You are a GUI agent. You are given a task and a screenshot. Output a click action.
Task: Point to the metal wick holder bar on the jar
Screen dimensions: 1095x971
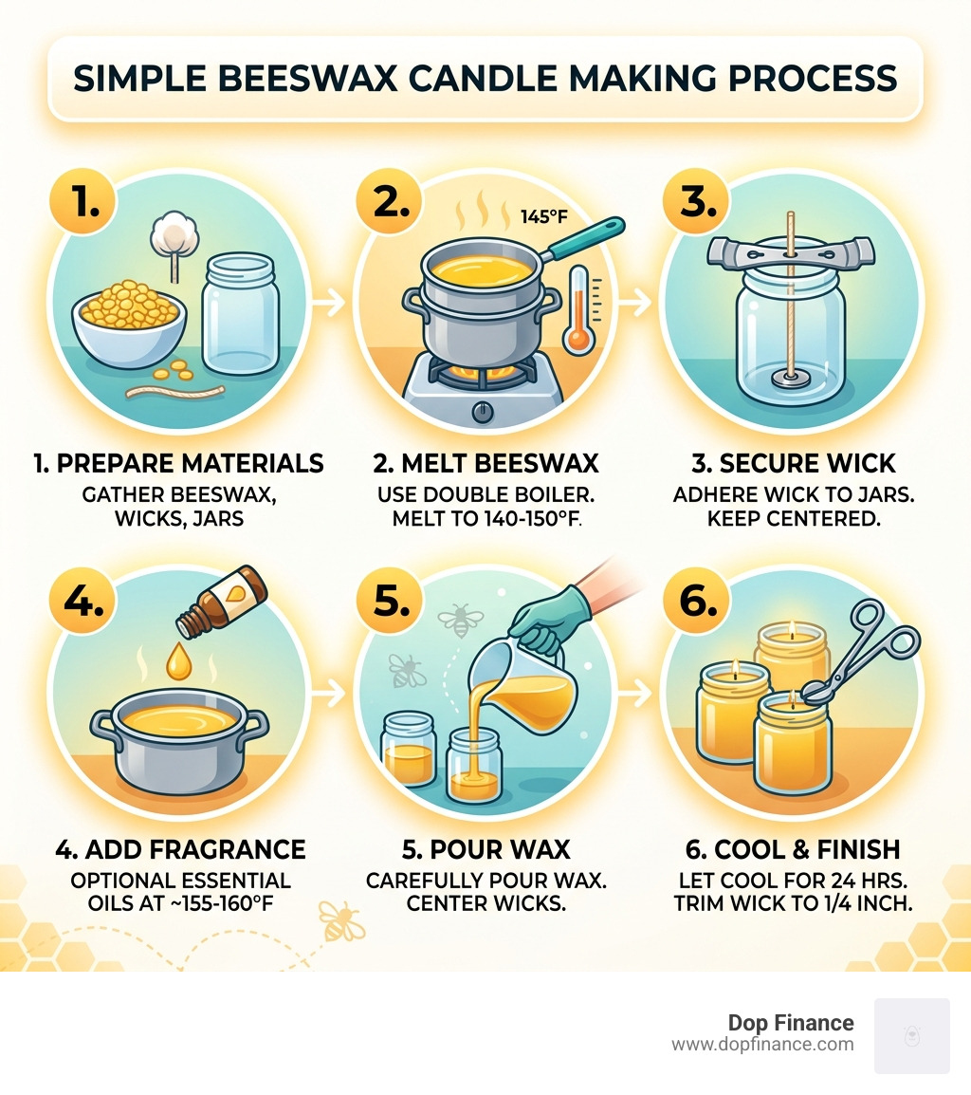pos(788,254)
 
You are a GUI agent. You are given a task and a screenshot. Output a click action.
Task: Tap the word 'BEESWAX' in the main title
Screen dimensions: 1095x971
pos(339,79)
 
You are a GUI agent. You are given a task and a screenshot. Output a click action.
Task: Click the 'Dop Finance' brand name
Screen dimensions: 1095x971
pos(790,1023)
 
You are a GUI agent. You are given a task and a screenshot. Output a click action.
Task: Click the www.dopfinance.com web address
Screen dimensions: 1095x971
pos(762,1045)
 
